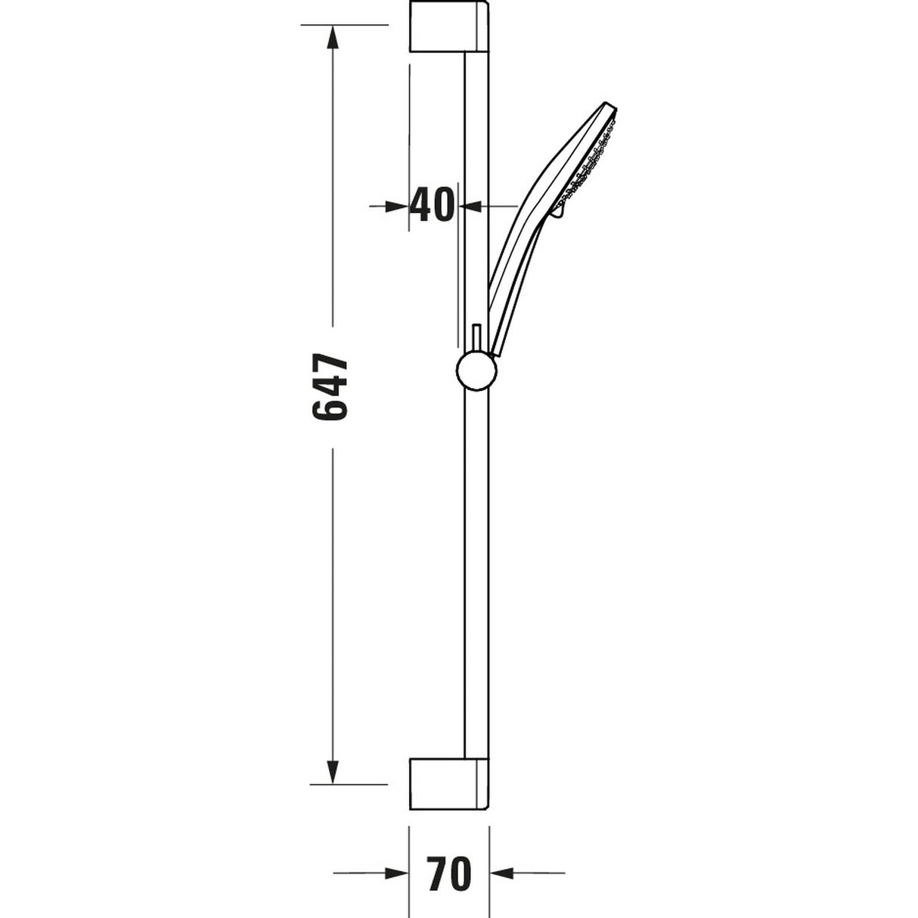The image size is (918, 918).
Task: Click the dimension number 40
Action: [x=433, y=205]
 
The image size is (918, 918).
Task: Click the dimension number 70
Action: [x=448, y=874]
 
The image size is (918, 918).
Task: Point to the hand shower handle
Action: [x=514, y=265]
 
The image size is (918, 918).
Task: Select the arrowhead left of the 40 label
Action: [x=397, y=206]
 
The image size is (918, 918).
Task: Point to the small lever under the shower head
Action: [x=558, y=214]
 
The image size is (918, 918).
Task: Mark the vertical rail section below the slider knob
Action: [x=476, y=567]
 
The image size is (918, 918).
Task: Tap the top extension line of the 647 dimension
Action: [x=344, y=26]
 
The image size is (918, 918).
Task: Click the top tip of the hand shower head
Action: [x=609, y=105]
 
